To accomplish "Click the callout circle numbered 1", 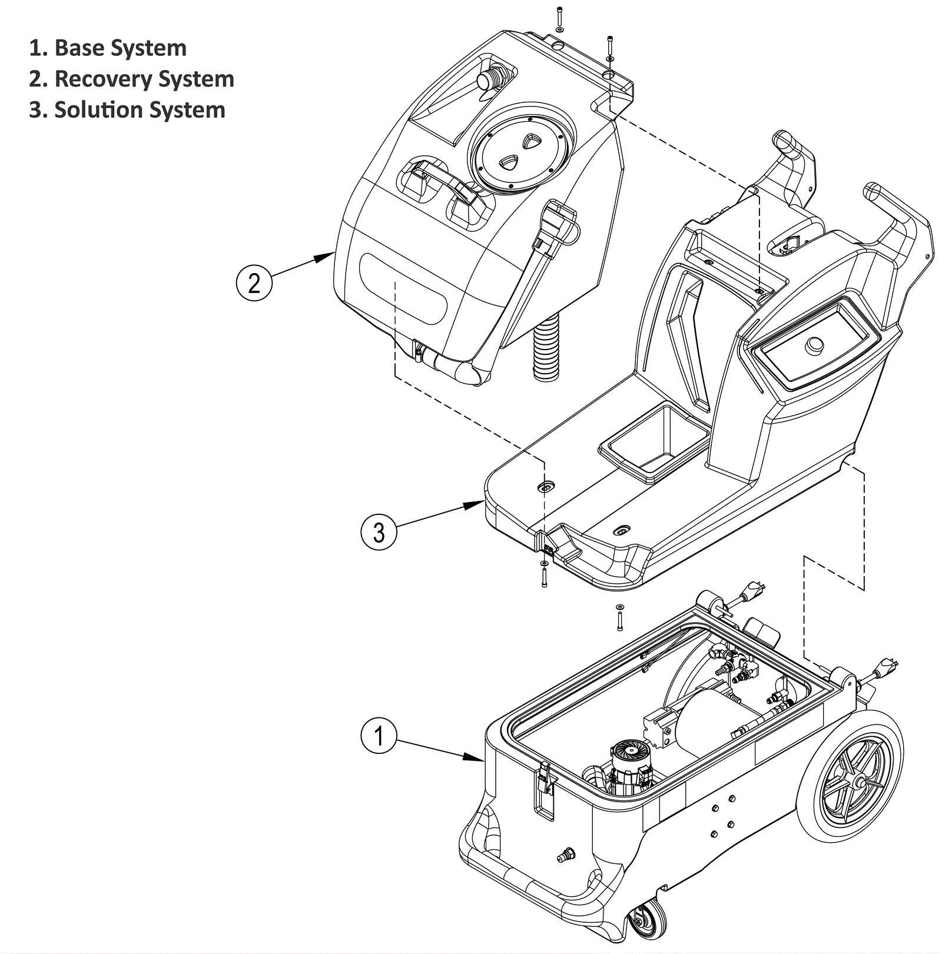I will point(379,736).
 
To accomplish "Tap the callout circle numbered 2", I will point(254,283).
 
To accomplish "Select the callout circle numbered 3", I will point(379,532).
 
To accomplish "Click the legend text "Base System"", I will point(120,48).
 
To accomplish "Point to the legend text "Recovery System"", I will point(144,79).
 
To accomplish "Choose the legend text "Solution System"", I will point(140,110).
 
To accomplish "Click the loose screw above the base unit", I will point(619,619).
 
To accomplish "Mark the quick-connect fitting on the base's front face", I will point(566,855).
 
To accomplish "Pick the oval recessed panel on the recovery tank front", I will point(404,288).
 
